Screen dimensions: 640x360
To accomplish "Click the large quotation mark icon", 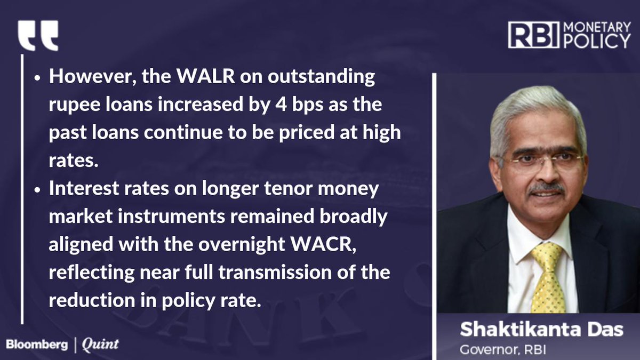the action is click(x=38, y=35).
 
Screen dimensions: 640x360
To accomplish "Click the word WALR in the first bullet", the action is click(x=205, y=77).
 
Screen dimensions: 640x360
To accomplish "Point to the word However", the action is click(x=92, y=77).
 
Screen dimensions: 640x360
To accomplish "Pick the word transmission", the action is click(x=275, y=273).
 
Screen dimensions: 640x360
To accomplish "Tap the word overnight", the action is click(x=242, y=245).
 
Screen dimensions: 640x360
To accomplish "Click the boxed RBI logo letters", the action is click(x=533, y=35).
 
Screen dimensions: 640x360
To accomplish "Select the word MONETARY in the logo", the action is click(x=597, y=27).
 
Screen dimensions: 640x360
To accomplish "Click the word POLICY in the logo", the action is click(x=597, y=42).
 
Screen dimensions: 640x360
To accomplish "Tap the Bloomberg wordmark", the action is click(x=37, y=345).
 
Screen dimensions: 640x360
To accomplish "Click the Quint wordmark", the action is click(x=100, y=345).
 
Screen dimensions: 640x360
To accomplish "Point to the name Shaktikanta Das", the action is click(x=541, y=330).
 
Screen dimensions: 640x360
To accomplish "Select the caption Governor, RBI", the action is click(x=503, y=349).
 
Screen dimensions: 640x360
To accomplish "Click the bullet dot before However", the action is click(x=37, y=78).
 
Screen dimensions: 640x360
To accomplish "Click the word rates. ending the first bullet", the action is click(x=74, y=161).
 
